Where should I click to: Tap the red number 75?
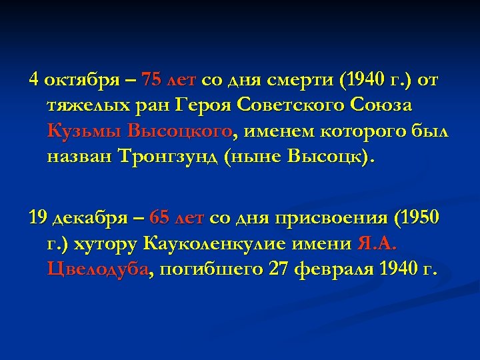pos(151,81)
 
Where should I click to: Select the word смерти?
pos(303,81)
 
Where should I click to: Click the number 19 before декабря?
pos(37,217)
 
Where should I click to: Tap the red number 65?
pos(161,217)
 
